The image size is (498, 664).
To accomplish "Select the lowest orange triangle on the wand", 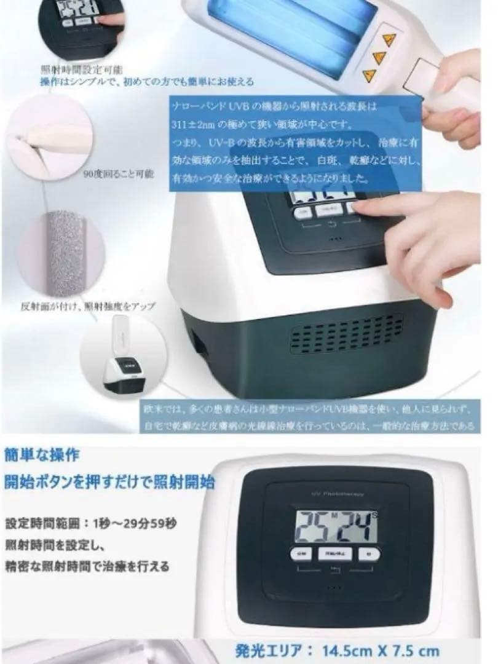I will coord(370,75).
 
